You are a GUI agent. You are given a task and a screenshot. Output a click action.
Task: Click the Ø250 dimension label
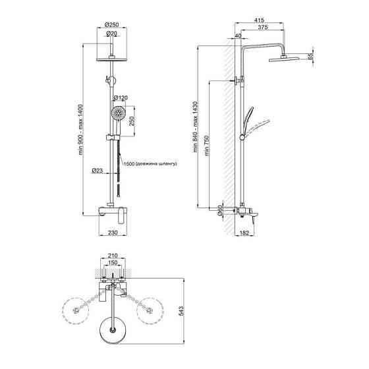[112, 24]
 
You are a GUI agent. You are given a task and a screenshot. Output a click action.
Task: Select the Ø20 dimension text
[111, 34]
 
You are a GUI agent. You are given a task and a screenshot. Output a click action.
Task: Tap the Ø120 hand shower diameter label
[120, 98]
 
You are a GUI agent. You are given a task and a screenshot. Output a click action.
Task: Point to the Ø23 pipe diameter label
[98, 171]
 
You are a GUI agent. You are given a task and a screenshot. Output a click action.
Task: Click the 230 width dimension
[113, 233]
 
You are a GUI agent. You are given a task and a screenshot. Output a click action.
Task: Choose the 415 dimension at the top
[259, 20]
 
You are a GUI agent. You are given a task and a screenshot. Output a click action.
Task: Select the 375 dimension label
[263, 27]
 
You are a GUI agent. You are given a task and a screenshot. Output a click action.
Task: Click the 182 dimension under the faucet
[244, 233]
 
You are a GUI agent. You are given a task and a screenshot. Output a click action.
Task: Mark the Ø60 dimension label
[220, 211]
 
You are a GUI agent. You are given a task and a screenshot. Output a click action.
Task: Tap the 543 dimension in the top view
[182, 311]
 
